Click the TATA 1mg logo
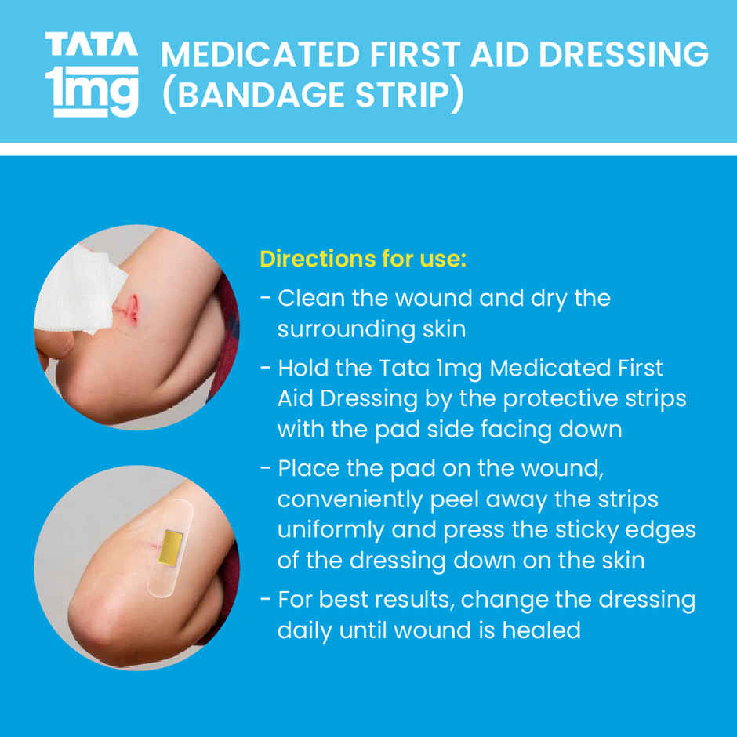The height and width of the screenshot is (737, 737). coord(92,74)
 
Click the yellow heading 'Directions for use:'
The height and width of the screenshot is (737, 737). coord(363,259)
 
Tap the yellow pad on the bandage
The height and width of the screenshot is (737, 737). coord(172,544)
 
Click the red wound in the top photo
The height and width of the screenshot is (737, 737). coord(131,308)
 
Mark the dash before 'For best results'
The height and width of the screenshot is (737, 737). coord(266,601)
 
